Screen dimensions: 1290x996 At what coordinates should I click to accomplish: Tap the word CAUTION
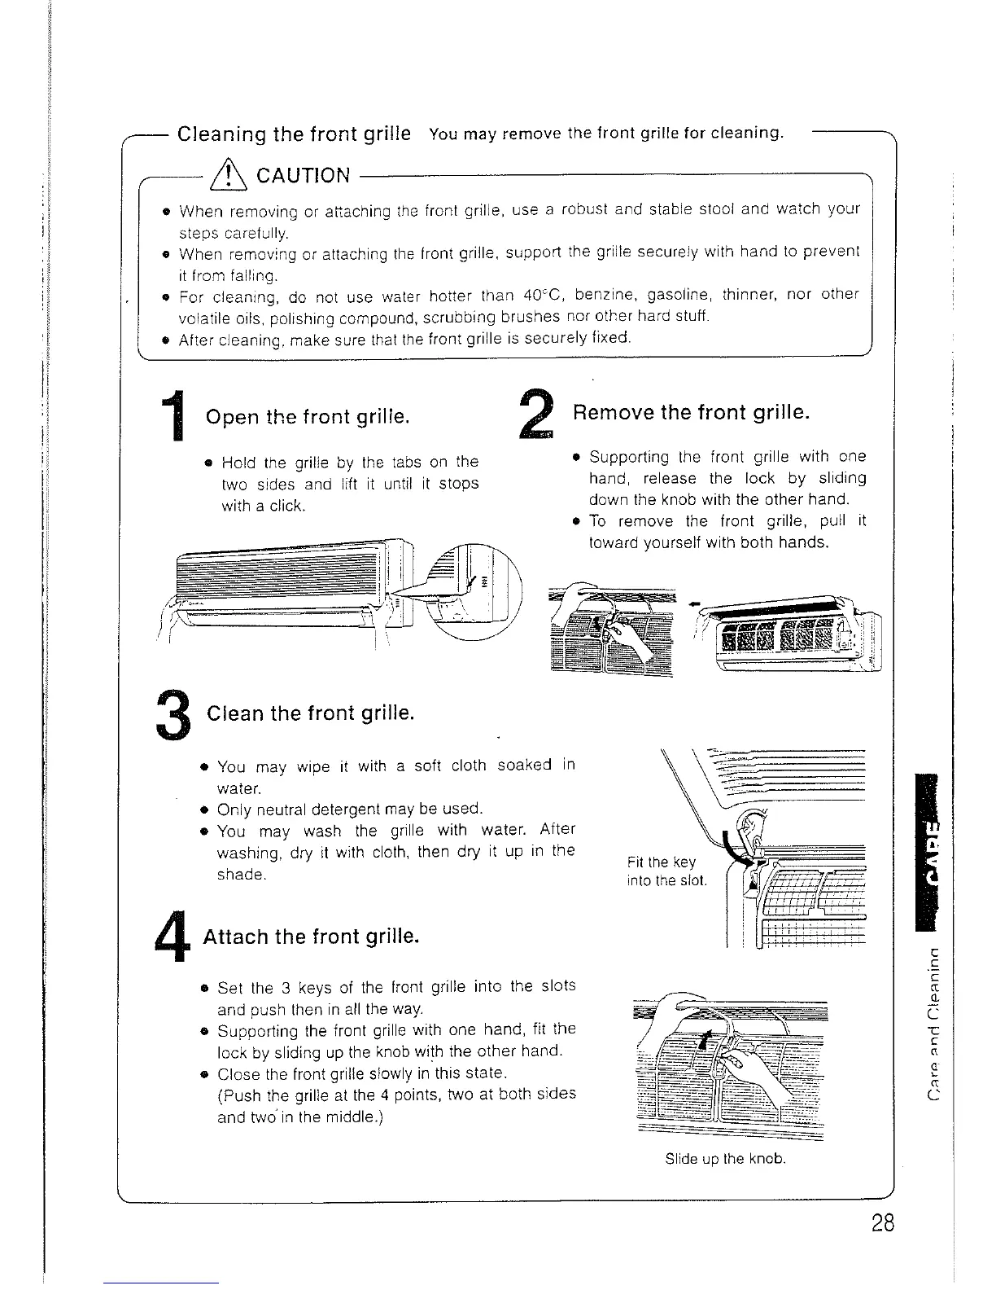(303, 176)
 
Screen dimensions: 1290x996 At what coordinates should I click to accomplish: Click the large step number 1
(173, 418)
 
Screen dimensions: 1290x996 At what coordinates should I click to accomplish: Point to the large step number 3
(173, 714)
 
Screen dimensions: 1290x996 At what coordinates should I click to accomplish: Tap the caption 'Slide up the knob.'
(725, 1159)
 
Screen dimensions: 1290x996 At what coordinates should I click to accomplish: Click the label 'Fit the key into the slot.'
(666, 871)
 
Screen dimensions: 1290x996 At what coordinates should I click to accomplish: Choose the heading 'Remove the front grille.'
(691, 412)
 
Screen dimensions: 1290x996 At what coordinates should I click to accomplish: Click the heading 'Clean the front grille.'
(311, 714)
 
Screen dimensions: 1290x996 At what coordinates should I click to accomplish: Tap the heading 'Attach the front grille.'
(311, 937)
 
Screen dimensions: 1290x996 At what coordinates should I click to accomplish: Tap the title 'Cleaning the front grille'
(294, 134)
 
